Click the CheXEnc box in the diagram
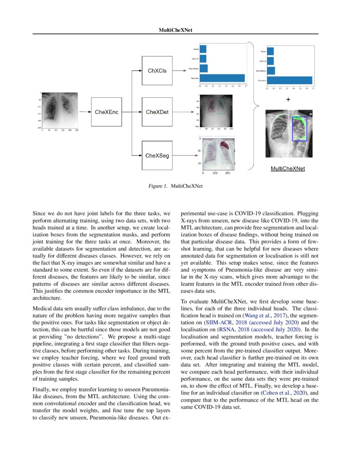pos(106,112)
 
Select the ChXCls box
pos(157,71)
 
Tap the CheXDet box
pos(157,112)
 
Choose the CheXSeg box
pos(157,155)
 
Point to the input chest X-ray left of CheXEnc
pos(60,111)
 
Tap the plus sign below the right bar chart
pos(288,100)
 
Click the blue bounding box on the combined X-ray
pos(300,129)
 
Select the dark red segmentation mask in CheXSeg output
pos(224,146)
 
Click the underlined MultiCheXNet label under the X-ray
pos(288,169)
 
